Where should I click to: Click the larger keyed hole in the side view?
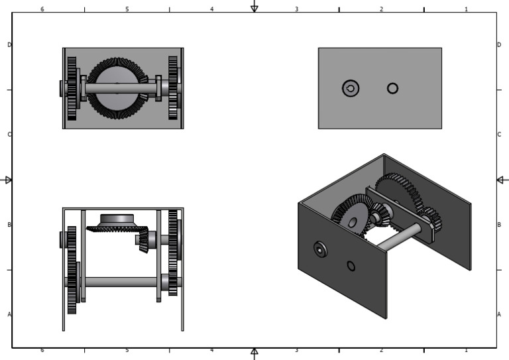pyautogui.click(x=351, y=88)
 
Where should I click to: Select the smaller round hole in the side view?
pyautogui.click(x=392, y=88)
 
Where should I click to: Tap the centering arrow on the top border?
pyautogui.click(x=254, y=7)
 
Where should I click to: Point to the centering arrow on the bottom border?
pyautogui.click(x=254, y=353)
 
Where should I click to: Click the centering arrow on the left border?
pyautogui.click(x=8, y=180)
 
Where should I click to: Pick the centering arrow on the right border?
pyautogui.click(x=502, y=180)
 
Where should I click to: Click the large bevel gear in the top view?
pyautogui.click(x=117, y=88)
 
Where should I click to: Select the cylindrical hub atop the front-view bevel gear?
pyautogui.click(x=117, y=219)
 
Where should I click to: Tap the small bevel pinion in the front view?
pyautogui.click(x=142, y=239)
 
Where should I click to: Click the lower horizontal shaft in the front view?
pyautogui.click(x=119, y=282)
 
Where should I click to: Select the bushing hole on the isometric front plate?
pyautogui.click(x=320, y=249)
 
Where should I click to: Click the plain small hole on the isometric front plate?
pyautogui.click(x=351, y=266)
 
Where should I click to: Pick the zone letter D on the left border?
pyautogui.click(x=9, y=45)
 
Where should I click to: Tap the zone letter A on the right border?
pyautogui.click(x=499, y=314)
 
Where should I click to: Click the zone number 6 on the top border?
pyautogui.click(x=42, y=9)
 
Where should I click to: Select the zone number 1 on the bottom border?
pyautogui.click(x=466, y=350)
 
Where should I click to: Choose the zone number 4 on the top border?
pyautogui.click(x=212, y=9)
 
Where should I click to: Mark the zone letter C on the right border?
pyautogui.click(x=499, y=135)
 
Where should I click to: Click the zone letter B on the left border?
pyautogui.click(x=9, y=225)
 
